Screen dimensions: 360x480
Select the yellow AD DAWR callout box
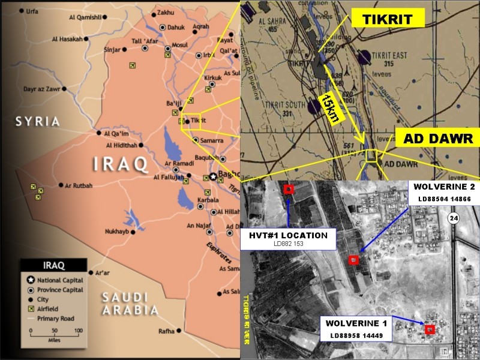pos(437,139)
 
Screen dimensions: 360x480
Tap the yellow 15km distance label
pos(328,109)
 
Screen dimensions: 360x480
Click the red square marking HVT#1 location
pos(289,190)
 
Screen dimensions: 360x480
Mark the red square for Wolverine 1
pos(429,329)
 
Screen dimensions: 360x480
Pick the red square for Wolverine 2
pos(353,260)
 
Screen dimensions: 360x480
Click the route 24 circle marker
pos(454,220)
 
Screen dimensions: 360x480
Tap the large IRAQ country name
pos(120,163)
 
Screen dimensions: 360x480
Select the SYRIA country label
pos(38,121)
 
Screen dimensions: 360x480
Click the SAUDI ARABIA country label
pos(130,304)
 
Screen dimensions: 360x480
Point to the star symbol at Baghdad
pos(213,176)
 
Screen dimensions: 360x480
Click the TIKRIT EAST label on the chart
pos(391,56)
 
